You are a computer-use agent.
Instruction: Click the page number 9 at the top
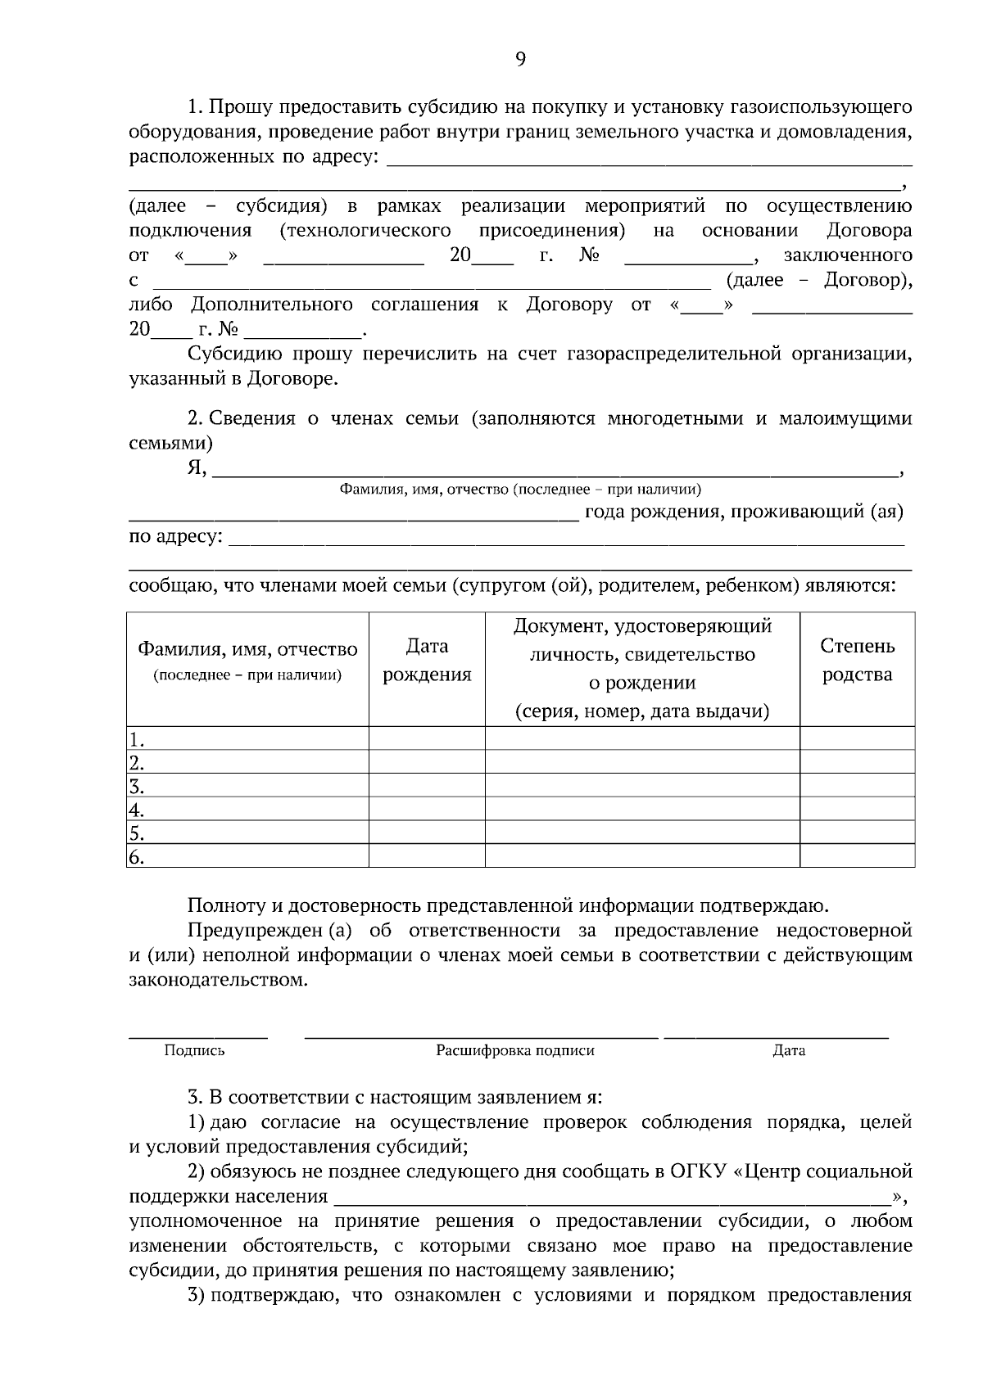click(x=521, y=58)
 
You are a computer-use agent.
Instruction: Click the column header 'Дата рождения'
click(x=427, y=661)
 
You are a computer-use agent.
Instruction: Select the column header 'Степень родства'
click(x=857, y=661)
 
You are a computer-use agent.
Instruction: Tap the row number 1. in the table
click(x=136, y=740)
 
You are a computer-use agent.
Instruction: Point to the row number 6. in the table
click(x=136, y=858)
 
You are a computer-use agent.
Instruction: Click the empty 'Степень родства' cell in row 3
click(x=857, y=787)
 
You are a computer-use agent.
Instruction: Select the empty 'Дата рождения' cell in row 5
click(x=427, y=833)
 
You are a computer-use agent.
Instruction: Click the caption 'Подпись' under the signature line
click(x=194, y=1051)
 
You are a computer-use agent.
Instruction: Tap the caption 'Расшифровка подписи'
click(x=515, y=1051)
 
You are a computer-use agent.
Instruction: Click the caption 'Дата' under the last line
click(x=789, y=1051)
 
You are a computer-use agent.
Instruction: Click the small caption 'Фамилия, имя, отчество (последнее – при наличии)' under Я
click(x=520, y=490)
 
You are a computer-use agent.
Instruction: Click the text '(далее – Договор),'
click(x=819, y=281)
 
